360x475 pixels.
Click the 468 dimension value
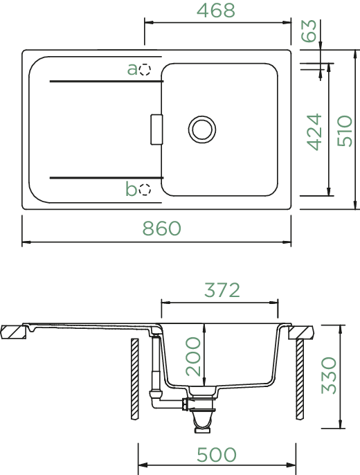click(215, 10)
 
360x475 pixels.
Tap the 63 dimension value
click(309, 30)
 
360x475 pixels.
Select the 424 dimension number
click(314, 132)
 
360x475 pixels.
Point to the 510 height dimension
click(345, 131)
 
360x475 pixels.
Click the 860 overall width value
click(162, 228)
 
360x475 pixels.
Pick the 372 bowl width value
click(222, 290)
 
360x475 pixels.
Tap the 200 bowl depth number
click(193, 357)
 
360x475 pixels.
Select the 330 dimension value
click(329, 375)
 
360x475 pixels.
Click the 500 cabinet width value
click(217, 455)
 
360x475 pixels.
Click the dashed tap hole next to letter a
click(145, 69)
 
